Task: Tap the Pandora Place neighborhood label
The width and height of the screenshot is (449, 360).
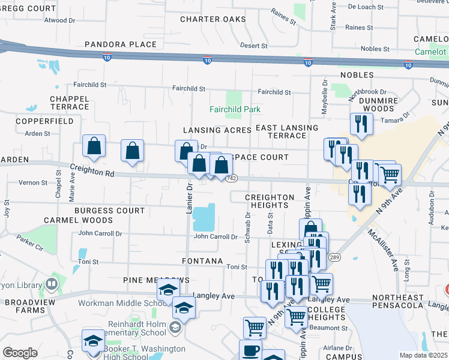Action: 121,44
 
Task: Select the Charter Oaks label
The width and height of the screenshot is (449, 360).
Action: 213,19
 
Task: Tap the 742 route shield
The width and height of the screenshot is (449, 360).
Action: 232,179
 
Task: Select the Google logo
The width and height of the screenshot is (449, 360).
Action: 20,353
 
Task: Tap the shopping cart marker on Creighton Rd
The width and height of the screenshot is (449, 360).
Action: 390,175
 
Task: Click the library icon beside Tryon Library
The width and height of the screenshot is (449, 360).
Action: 52,283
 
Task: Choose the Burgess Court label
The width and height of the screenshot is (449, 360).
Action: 110,211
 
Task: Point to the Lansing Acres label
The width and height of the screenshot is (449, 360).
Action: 217,130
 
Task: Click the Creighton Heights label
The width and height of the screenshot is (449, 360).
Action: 270,201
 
